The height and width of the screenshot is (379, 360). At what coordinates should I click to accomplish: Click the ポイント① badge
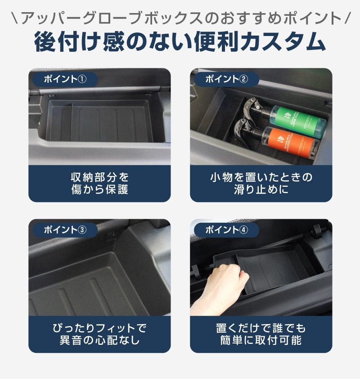(x=65, y=79)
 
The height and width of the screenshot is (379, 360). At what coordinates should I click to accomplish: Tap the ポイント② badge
(x=226, y=79)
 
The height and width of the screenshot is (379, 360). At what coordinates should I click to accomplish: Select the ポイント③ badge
(x=65, y=230)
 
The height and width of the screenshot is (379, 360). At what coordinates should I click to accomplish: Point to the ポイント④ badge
(x=226, y=230)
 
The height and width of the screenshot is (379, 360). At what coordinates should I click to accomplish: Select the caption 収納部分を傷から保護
(x=99, y=184)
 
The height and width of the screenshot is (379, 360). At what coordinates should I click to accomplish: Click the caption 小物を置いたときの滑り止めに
(x=261, y=184)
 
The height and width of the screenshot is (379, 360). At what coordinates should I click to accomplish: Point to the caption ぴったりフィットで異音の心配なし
(x=99, y=334)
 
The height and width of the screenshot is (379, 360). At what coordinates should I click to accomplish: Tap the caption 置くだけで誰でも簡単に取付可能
(x=261, y=334)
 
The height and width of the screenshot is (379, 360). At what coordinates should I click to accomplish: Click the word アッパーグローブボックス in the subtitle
(x=112, y=18)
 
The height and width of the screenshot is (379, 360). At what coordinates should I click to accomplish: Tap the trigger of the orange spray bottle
(x=243, y=131)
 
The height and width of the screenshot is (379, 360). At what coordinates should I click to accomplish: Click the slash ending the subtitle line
(x=347, y=18)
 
